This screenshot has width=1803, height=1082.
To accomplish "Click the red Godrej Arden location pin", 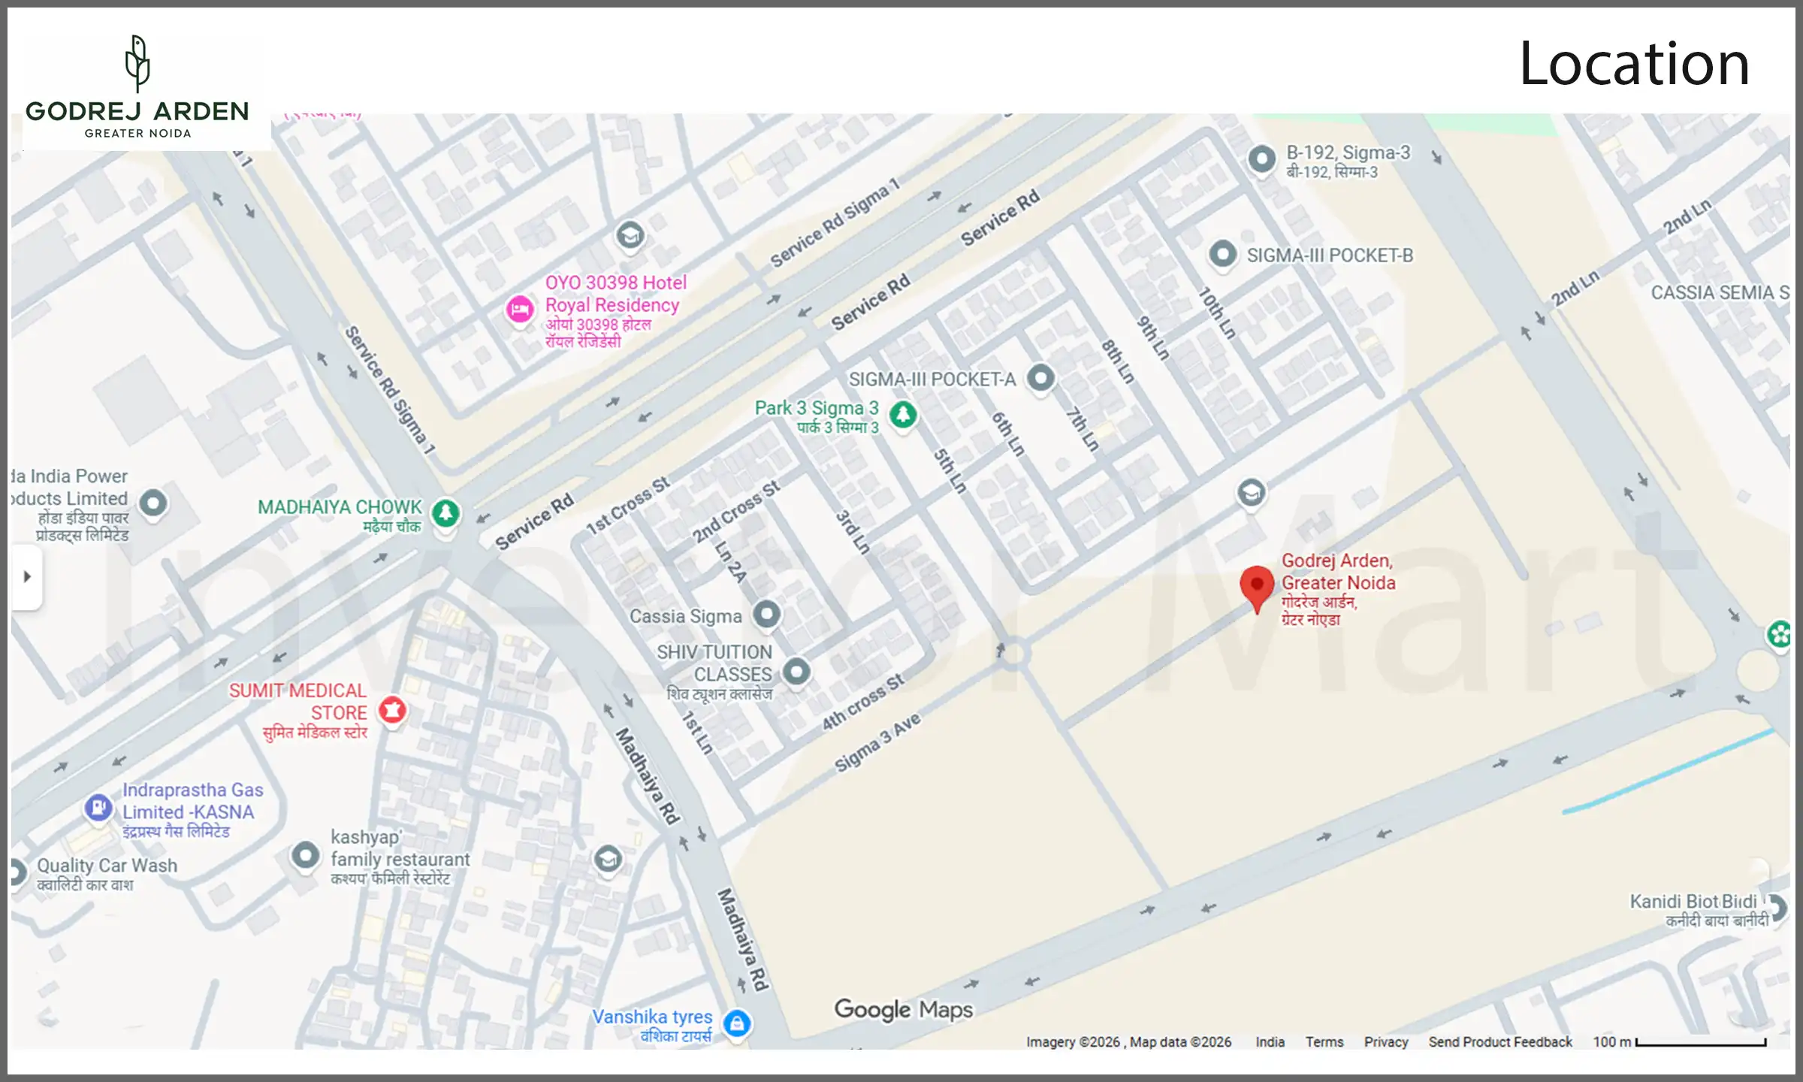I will tap(1257, 587).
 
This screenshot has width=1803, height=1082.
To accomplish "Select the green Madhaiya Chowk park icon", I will tap(445, 513).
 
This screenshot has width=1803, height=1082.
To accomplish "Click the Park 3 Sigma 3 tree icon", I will tap(903, 414).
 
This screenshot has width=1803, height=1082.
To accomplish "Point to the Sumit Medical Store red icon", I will tap(392, 709).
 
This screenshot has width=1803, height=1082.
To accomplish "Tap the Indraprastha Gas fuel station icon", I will tap(98, 808).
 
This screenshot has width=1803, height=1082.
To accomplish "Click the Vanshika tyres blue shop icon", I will tap(737, 1023).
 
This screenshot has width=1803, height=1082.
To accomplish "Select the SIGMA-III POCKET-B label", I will tap(1329, 255).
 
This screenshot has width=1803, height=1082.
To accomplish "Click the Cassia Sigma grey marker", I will tap(766, 615).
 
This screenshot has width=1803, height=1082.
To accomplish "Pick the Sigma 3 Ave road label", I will tap(877, 742).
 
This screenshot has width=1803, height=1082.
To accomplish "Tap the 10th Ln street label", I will tap(1216, 313).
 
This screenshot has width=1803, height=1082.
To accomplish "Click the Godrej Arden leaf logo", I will tap(137, 63).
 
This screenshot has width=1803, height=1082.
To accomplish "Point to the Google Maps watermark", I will tap(903, 1009).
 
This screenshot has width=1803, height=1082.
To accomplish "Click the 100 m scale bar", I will tap(1700, 1043).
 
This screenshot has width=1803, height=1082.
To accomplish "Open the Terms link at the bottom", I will tap(1324, 1042).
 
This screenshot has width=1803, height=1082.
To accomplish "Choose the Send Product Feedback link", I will tap(1499, 1042).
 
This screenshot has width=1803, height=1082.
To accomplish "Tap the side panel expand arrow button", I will tap(27, 577).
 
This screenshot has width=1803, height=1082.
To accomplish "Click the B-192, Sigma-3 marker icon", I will tap(1261, 159).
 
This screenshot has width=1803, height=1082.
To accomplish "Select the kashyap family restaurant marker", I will tap(305, 855).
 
